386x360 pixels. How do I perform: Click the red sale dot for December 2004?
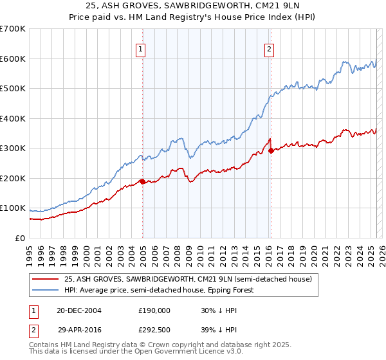(x=142, y=181)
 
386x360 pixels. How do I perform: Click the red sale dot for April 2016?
(x=271, y=150)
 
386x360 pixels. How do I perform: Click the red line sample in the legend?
(x=46, y=279)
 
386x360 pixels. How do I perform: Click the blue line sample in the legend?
(x=46, y=290)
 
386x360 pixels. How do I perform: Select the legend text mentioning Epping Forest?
(x=159, y=290)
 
